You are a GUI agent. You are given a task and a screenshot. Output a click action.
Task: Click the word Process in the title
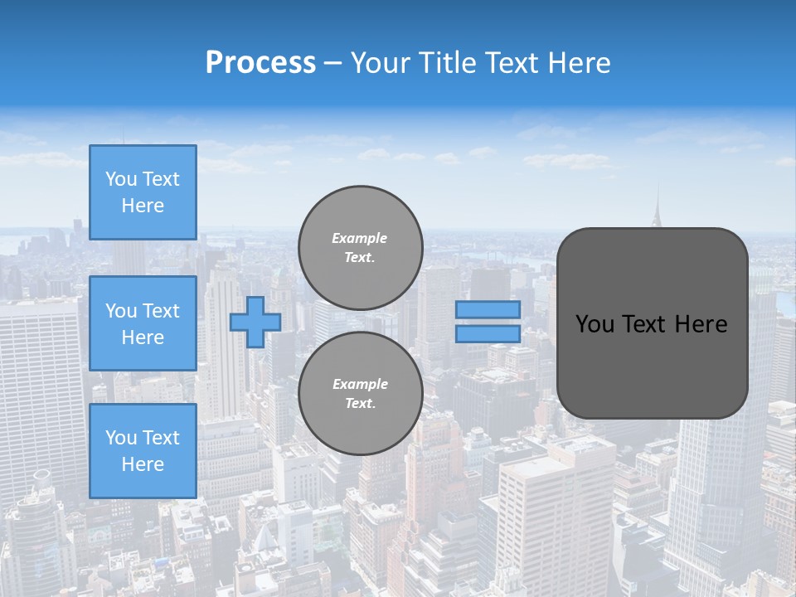coord(260,63)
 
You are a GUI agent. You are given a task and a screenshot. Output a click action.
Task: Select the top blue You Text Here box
coord(143,192)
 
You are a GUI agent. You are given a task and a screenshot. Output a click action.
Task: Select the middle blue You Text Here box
coord(143,323)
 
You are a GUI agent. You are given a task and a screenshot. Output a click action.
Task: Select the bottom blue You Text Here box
coord(143,451)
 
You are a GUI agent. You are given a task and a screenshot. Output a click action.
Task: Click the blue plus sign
coord(255,322)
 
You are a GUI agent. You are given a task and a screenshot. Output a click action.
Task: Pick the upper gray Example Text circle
coord(360,248)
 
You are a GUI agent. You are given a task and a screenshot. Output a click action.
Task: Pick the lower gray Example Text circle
coord(360,394)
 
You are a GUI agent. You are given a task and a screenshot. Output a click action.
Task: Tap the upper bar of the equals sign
coord(488,309)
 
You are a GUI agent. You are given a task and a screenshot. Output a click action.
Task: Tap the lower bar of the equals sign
coord(488,334)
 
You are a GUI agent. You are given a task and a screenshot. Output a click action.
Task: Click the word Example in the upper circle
coord(360,238)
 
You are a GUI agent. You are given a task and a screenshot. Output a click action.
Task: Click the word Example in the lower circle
coord(360,384)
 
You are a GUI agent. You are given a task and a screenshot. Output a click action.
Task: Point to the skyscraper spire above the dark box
coord(658,207)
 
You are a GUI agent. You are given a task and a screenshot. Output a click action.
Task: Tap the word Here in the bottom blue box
coord(143,464)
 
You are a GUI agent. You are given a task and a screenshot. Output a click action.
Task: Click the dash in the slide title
coord(332,63)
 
